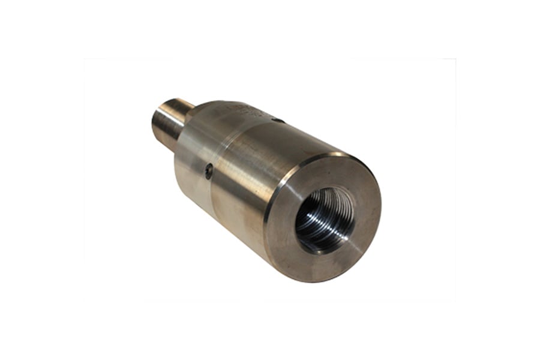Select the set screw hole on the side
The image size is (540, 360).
click(x=208, y=172)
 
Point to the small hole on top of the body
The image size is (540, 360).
click(x=277, y=121)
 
